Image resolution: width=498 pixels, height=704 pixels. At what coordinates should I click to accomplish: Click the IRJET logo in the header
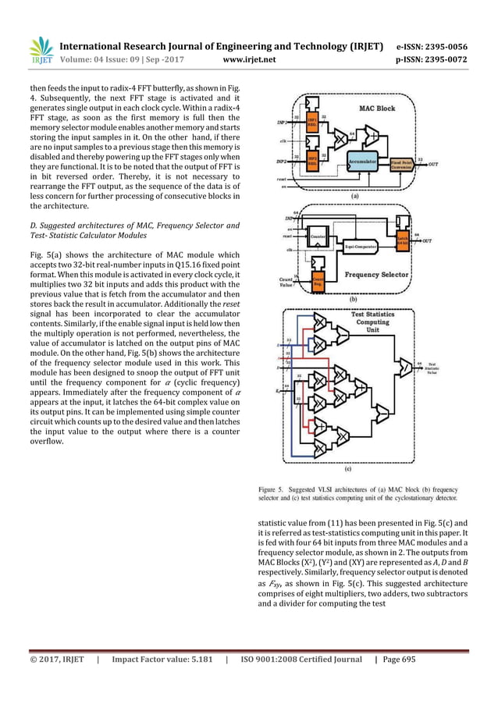[x=41, y=50]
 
